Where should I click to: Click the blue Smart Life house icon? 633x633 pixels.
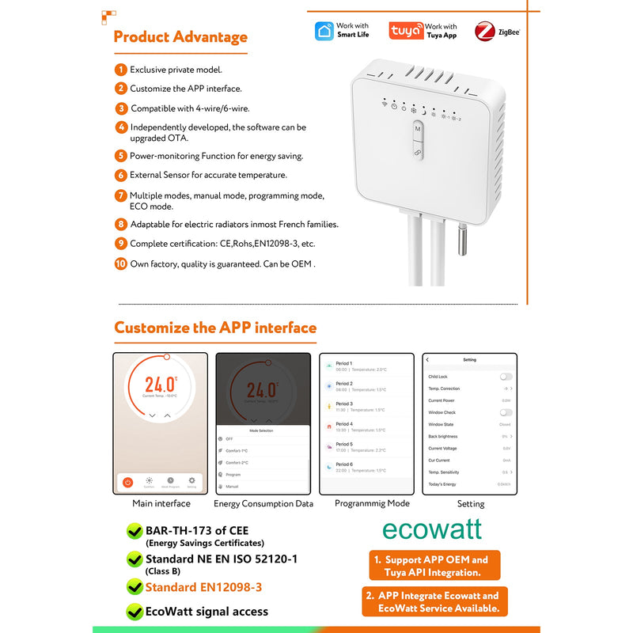click(324, 31)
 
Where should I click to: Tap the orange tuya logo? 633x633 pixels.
click(406, 31)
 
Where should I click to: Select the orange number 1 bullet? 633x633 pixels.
click(120, 70)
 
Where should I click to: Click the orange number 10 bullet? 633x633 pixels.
click(120, 263)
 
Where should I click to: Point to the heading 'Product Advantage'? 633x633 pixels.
click(180, 37)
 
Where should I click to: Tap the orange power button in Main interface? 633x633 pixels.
click(127, 481)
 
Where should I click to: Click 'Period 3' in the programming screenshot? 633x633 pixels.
click(344, 404)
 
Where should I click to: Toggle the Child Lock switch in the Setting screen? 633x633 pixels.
click(506, 377)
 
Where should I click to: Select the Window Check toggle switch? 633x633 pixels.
click(506, 412)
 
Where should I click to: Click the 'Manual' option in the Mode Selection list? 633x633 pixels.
click(232, 486)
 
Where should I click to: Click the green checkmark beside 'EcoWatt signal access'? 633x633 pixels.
click(135, 611)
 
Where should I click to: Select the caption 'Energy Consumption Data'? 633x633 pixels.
click(263, 503)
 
